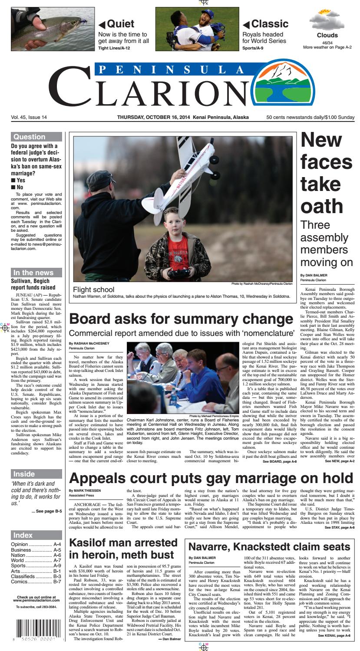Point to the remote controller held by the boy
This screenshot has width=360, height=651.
(179, 273)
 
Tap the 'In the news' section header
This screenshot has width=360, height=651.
(33, 273)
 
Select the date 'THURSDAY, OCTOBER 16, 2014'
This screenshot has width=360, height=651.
(171, 118)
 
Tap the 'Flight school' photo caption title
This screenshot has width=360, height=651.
(94, 289)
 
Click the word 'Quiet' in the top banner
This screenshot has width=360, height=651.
(120, 24)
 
